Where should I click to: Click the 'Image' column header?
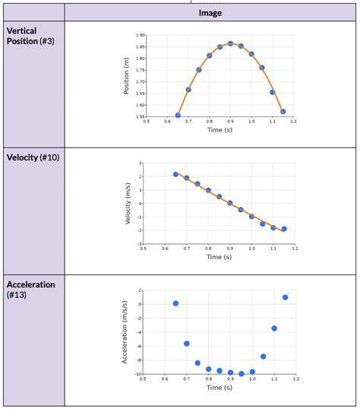pos(210,13)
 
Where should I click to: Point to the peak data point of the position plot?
pos(231,43)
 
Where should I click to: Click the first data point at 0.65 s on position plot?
pos(178,116)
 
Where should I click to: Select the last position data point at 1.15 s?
pos(283,112)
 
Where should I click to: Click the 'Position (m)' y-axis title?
pos(126,76)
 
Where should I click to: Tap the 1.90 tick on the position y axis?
pos(140,35)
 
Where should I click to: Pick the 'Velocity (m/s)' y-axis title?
pos(129,204)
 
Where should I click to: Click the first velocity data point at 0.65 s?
pos(175,174)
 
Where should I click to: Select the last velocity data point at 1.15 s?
pos(284,229)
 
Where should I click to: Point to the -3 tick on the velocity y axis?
pos(141,245)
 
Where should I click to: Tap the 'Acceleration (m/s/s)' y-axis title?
pos(125,331)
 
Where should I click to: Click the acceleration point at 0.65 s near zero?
pos(175,303)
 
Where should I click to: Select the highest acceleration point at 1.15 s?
pos(285,297)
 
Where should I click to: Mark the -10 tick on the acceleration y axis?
pos(137,373)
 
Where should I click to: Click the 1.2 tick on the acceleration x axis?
pos(295,379)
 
